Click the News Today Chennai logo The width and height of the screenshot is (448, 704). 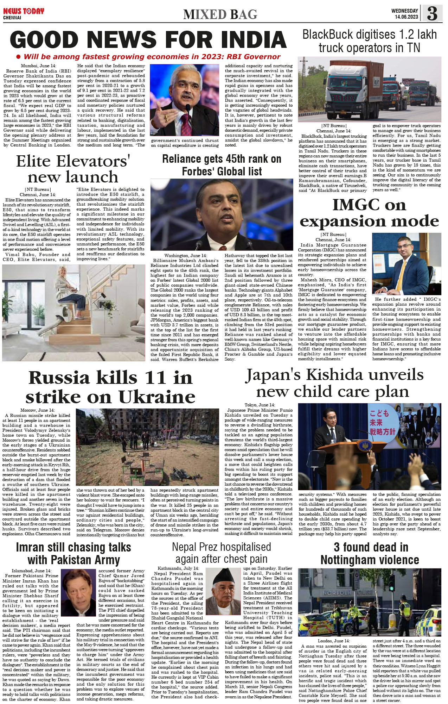point(23,13)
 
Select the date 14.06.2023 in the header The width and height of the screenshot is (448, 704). point(406,17)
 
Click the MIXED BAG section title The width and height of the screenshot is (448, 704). point(220,14)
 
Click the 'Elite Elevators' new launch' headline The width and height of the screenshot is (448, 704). point(73,169)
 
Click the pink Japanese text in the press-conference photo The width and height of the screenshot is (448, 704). point(382,422)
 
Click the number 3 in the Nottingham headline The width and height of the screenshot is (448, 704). point(337,548)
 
